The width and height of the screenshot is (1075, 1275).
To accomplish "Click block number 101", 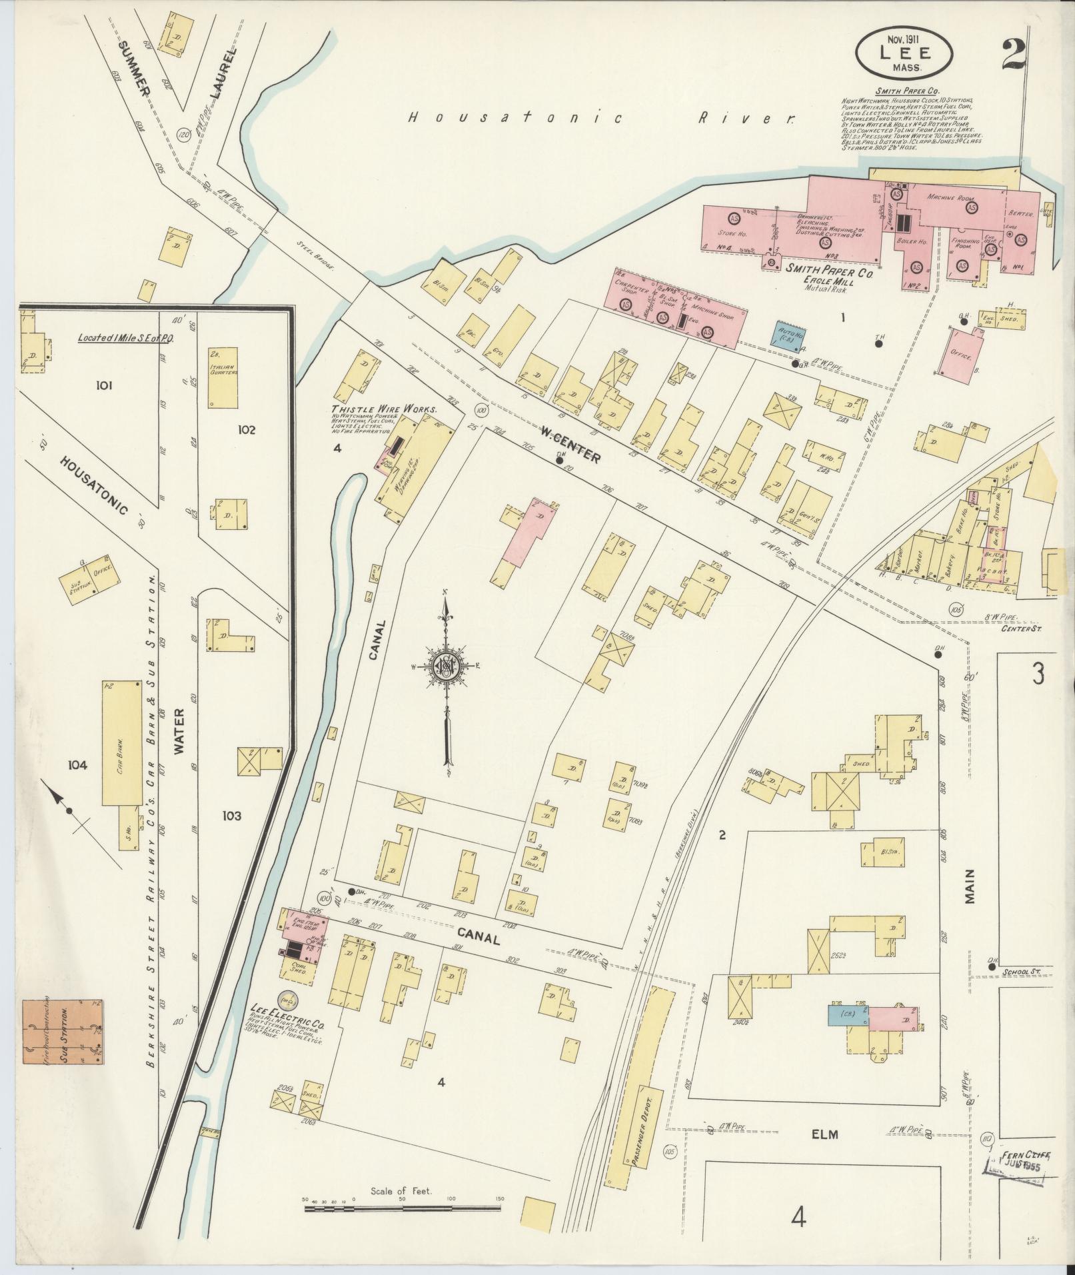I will [x=105, y=385].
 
